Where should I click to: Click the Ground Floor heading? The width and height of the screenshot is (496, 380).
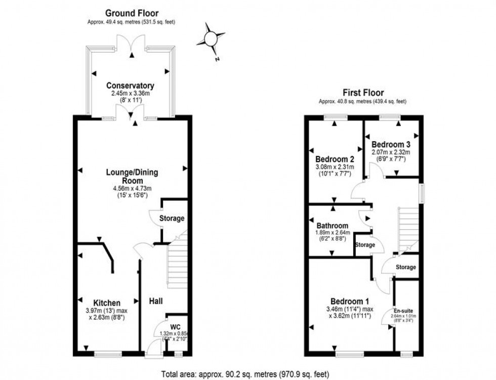click(132, 13)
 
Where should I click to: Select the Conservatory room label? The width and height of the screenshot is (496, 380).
click(131, 86)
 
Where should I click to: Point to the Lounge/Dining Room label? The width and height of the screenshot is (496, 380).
click(133, 176)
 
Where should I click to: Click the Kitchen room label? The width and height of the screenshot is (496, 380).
click(106, 303)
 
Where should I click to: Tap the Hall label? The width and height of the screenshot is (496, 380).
click(155, 301)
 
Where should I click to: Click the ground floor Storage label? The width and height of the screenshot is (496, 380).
click(172, 219)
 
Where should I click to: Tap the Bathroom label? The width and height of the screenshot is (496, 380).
click(332, 226)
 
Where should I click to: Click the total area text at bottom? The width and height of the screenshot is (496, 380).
click(245, 374)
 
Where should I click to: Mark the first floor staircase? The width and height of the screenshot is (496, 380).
click(409, 230)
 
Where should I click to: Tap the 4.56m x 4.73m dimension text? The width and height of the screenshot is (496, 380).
click(133, 189)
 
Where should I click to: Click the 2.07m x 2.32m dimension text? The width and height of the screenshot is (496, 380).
click(390, 152)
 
